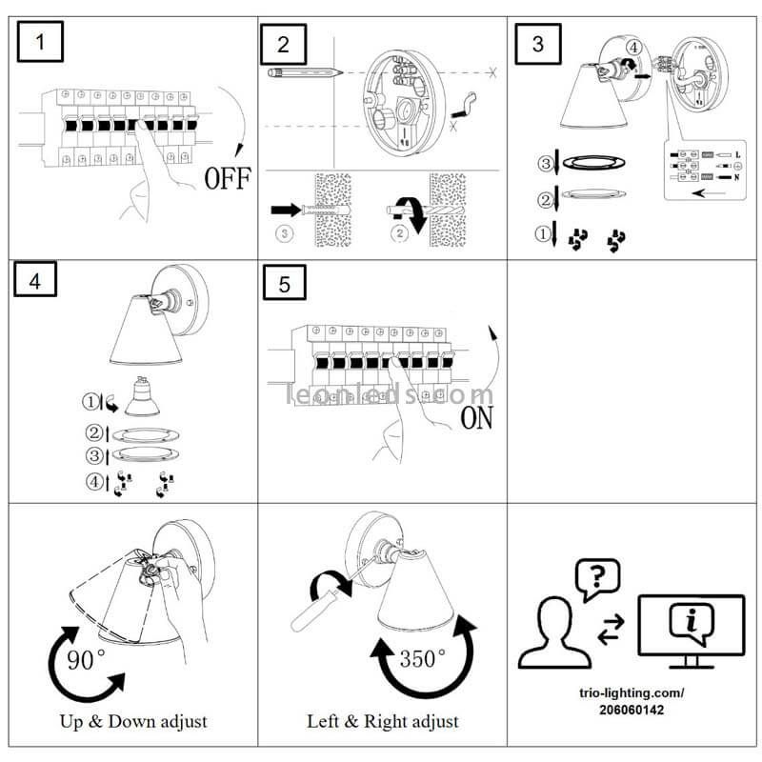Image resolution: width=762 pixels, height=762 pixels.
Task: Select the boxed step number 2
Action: [x=283, y=44]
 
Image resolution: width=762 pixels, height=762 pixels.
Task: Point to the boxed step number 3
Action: [x=539, y=44]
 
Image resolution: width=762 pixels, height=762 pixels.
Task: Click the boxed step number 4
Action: [x=35, y=283]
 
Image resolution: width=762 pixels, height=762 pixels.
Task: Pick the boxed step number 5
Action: [x=283, y=285]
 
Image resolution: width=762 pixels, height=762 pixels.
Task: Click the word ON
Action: [x=476, y=418]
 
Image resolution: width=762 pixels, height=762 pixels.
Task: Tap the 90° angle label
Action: [x=87, y=659]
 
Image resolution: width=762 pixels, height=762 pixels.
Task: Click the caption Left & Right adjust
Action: [x=382, y=721]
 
